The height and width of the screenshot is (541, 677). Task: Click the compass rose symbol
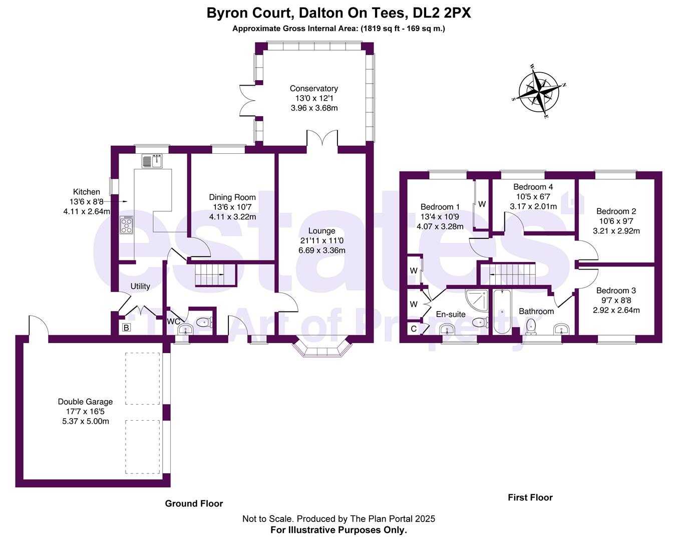click(539, 92)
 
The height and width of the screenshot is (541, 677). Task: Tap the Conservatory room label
click(314, 89)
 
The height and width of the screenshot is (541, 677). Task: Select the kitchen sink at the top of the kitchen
click(152, 161)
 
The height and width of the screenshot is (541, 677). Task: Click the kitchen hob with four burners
click(127, 225)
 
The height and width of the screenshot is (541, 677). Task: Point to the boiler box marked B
click(126, 328)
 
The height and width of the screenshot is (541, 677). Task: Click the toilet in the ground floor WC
click(205, 322)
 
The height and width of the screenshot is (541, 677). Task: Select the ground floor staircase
click(215, 275)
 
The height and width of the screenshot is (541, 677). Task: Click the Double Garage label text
click(85, 402)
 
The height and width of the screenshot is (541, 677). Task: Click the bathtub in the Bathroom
click(502, 312)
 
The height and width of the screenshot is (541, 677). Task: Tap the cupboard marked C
click(414, 329)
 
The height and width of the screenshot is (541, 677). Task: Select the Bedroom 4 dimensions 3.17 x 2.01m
click(533, 206)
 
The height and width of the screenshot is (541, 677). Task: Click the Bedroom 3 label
click(616, 291)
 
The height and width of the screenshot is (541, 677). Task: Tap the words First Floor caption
click(530, 497)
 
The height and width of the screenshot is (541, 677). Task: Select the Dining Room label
click(232, 197)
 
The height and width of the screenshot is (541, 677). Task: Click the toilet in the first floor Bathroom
click(532, 327)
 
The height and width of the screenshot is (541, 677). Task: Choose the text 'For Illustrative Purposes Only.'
click(338, 529)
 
